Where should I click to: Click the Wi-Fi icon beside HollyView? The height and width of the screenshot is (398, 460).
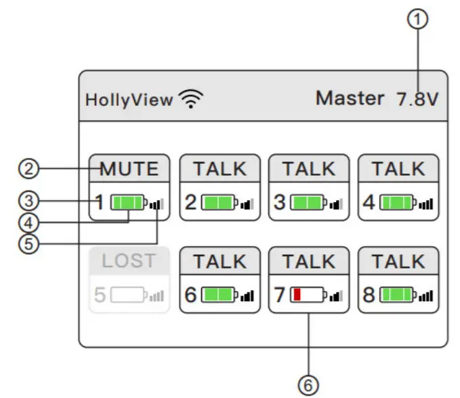coord(192,100)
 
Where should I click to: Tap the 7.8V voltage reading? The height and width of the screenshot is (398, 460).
coord(417,99)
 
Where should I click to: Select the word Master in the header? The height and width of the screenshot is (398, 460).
coord(350,98)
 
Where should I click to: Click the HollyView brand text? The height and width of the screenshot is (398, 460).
coord(129,100)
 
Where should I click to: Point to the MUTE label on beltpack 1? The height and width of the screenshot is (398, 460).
coord(129,169)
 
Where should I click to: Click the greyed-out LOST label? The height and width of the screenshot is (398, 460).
coord(129,261)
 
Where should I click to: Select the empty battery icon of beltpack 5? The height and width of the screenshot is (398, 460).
coord(128,295)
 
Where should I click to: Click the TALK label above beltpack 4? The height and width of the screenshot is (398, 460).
coord(398,169)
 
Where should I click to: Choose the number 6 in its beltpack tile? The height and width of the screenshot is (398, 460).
coord(190,295)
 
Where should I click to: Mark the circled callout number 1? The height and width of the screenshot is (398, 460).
coord(421,20)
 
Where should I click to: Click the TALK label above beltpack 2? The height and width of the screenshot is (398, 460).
coord(219,169)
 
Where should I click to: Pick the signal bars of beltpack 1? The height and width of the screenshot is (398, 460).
coord(157,202)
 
